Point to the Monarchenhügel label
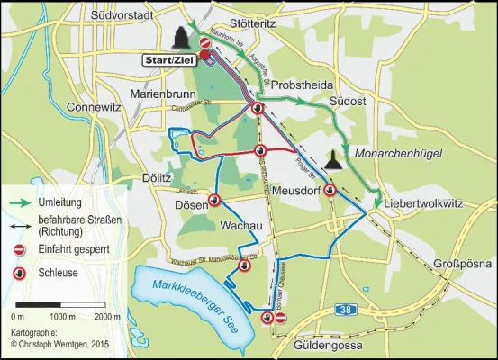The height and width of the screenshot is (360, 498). point(402,154)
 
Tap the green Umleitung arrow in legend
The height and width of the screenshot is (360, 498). point(17,203)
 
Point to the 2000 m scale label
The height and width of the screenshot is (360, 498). point(106,318)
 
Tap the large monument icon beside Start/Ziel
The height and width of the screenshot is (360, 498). point(178,37)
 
